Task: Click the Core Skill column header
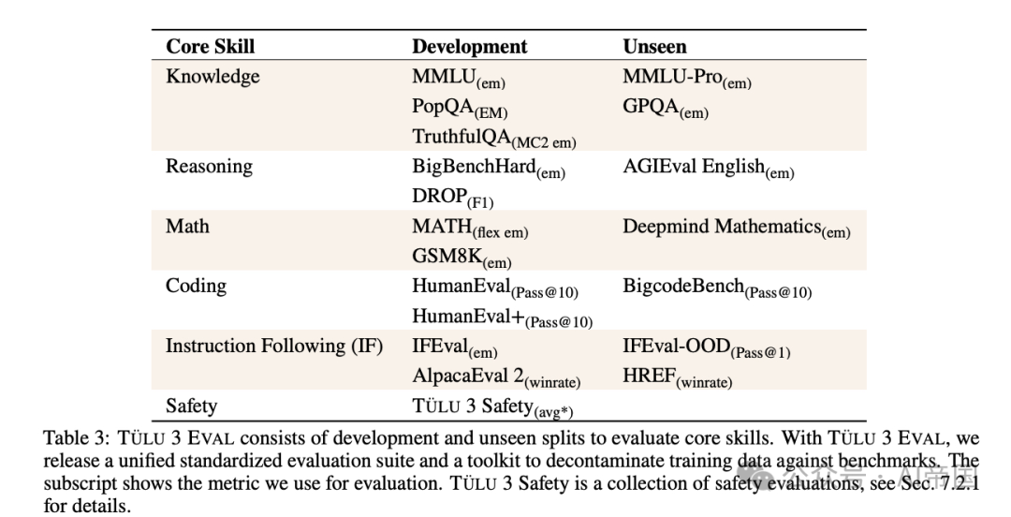pos(211,47)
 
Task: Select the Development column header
pos(469,47)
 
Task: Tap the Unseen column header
pos(654,47)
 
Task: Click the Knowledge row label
pos(212,77)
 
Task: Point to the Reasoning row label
pos(209,167)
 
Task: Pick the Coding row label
pos(196,286)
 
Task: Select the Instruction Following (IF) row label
pos(274,346)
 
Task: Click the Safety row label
pos(192,406)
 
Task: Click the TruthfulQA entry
pos(494,138)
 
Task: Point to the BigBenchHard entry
pos(489,169)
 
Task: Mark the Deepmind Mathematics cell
pos(737,229)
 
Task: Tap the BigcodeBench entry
pos(717,288)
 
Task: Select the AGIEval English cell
pos(709,169)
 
